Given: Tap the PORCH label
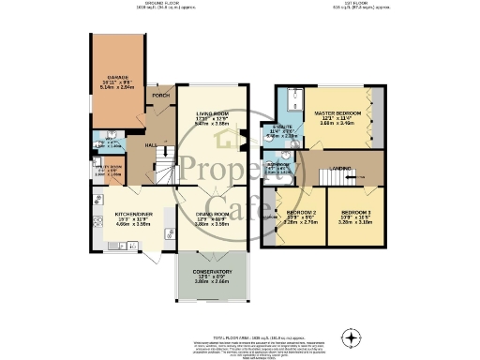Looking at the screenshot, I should tap(160, 97).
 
